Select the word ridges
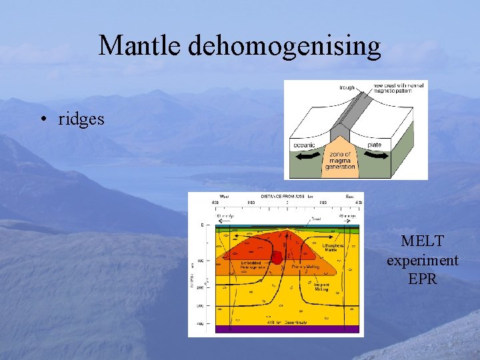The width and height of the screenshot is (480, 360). coord(81,119)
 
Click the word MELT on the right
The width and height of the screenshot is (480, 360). coord(422,241)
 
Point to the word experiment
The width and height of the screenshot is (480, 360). coord(422,260)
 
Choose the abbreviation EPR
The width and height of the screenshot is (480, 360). coord(422,279)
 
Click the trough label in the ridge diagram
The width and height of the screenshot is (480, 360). coord(347,87)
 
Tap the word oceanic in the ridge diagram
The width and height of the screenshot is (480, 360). coord(303,145)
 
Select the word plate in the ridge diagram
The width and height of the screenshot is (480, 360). coord(374,145)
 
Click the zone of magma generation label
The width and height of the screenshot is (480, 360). coord(340,161)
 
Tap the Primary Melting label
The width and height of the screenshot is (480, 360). coord(305,266)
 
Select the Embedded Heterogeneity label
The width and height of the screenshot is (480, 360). coord(254,265)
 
